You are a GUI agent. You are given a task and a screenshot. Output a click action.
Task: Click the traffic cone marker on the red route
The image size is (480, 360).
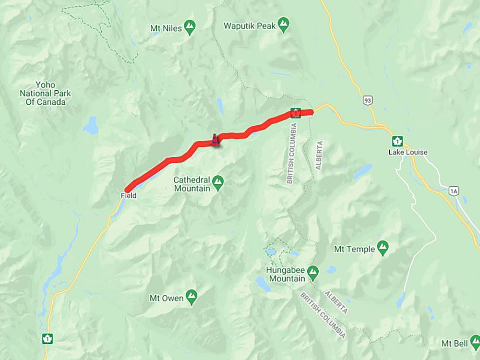coord(215,140)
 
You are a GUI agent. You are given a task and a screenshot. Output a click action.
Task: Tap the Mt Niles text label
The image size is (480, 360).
coord(166,28)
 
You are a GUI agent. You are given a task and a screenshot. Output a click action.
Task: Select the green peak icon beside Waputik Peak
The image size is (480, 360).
coord(284,24)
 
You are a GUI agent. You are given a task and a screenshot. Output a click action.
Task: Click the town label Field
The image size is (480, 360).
coord(129,196)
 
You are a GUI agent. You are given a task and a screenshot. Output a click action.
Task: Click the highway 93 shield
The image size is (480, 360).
coord(367,100)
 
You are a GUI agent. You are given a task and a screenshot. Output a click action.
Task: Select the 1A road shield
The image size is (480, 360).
coord(454,191)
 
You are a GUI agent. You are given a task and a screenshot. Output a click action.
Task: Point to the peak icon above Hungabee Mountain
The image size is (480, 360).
coord(313,272)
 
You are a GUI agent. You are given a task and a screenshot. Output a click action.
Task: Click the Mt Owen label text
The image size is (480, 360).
coord(166,298)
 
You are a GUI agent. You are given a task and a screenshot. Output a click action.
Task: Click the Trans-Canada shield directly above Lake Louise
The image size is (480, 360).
coord(397,141)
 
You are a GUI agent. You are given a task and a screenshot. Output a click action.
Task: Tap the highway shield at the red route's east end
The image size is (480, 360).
coord(296,113)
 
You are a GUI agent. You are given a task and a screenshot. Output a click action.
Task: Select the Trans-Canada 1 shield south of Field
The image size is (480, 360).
coord(47,338)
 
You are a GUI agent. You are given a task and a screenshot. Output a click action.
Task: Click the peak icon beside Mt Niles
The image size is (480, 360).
coord(190,27)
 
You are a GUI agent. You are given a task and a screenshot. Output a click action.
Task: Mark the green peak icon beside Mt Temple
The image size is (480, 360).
coord(383,248)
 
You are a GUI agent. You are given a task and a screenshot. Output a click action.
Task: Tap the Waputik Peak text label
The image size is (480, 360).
coord(249,25)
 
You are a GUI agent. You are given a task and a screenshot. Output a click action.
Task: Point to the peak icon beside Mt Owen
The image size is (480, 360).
coord(192,297)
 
